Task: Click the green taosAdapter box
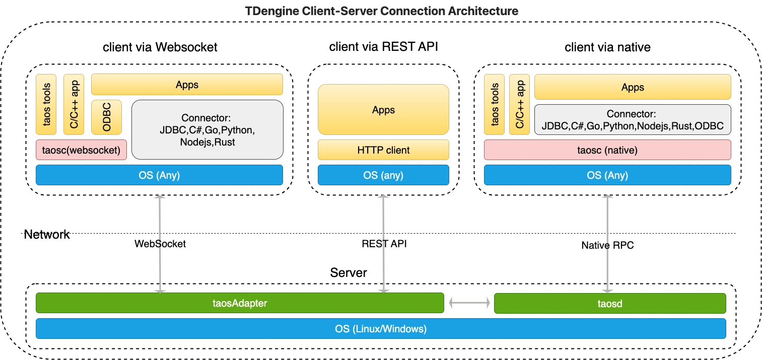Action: [x=239, y=303]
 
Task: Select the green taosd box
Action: [x=610, y=303]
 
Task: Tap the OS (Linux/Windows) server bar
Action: [x=381, y=329]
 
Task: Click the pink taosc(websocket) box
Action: [x=81, y=150]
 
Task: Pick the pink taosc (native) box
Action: [x=607, y=150]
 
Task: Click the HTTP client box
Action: [x=383, y=150]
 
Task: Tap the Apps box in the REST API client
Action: [x=383, y=110]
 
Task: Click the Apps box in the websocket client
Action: [x=187, y=85]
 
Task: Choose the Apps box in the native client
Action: [x=632, y=87]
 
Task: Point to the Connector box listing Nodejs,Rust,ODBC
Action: [x=632, y=120]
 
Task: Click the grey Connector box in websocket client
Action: [x=207, y=130]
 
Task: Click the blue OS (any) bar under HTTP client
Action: [x=383, y=175]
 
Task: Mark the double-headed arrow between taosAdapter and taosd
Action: [x=469, y=303]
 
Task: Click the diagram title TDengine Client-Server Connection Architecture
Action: [x=381, y=11]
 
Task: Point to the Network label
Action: [x=48, y=234]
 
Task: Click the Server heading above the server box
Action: [x=348, y=273]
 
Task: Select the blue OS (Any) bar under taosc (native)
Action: [x=607, y=175]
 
